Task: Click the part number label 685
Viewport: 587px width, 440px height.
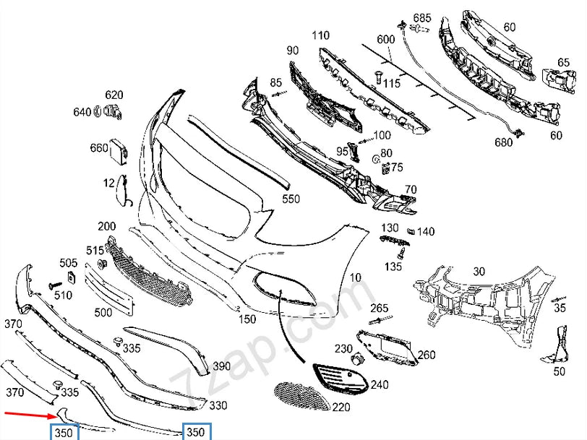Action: pyautogui.click(x=422, y=17)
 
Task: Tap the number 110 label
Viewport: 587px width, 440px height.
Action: pyautogui.click(x=320, y=35)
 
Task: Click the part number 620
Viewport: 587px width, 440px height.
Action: pyautogui.click(x=114, y=95)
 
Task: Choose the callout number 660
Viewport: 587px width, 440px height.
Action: pyautogui.click(x=99, y=148)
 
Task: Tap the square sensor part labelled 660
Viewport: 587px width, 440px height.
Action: pyautogui.click(x=117, y=150)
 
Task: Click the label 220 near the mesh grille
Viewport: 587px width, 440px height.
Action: pyautogui.click(x=340, y=407)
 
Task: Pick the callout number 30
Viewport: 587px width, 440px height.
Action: pyautogui.click(x=479, y=272)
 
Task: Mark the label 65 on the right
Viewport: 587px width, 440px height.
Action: pyautogui.click(x=563, y=63)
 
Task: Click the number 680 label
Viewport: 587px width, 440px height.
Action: pyautogui.click(x=503, y=142)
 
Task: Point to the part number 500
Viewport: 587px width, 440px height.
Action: pyautogui.click(x=103, y=313)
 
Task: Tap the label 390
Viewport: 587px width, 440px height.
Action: pyautogui.click(x=221, y=367)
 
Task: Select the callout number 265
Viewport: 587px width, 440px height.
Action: pyautogui.click(x=380, y=309)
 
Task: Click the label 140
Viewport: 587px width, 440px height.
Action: pyautogui.click(x=426, y=232)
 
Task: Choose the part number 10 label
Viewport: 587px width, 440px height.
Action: pyautogui.click(x=355, y=277)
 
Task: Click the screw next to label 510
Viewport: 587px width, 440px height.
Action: pyautogui.click(x=54, y=286)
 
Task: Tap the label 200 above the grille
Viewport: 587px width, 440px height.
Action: pyautogui.click(x=107, y=226)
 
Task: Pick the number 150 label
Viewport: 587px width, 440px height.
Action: pyautogui.click(x=248, y=319)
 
